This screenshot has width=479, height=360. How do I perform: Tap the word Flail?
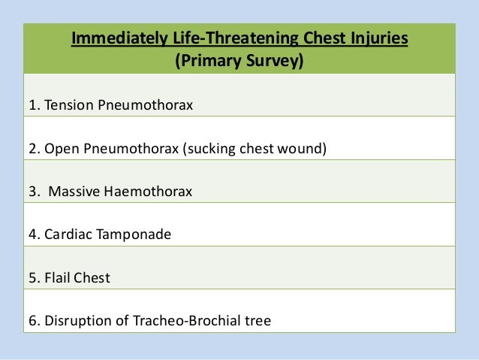(x=57, y=278)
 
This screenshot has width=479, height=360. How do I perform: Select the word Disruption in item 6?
(x=76, y=322)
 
